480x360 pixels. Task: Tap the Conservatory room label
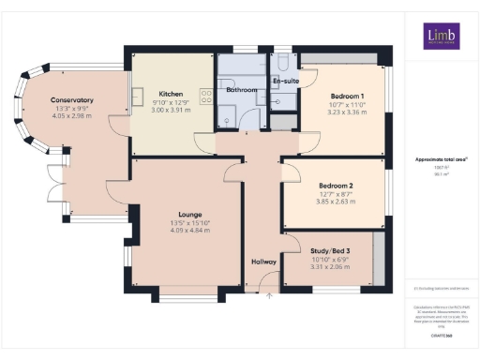72,100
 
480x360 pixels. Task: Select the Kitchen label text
171,94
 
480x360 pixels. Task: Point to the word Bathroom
241,90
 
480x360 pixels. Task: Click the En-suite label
285,82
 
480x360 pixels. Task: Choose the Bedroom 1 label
347,97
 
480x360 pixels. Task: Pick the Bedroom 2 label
334,185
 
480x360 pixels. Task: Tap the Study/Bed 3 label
329,252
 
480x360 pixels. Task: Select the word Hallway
263,262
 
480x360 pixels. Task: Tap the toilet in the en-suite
282,63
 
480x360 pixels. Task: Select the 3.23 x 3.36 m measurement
347,112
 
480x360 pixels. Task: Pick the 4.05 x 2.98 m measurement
72,116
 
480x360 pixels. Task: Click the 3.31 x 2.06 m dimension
329,267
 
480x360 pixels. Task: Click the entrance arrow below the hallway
269,295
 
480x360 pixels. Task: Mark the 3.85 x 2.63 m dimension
334,201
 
